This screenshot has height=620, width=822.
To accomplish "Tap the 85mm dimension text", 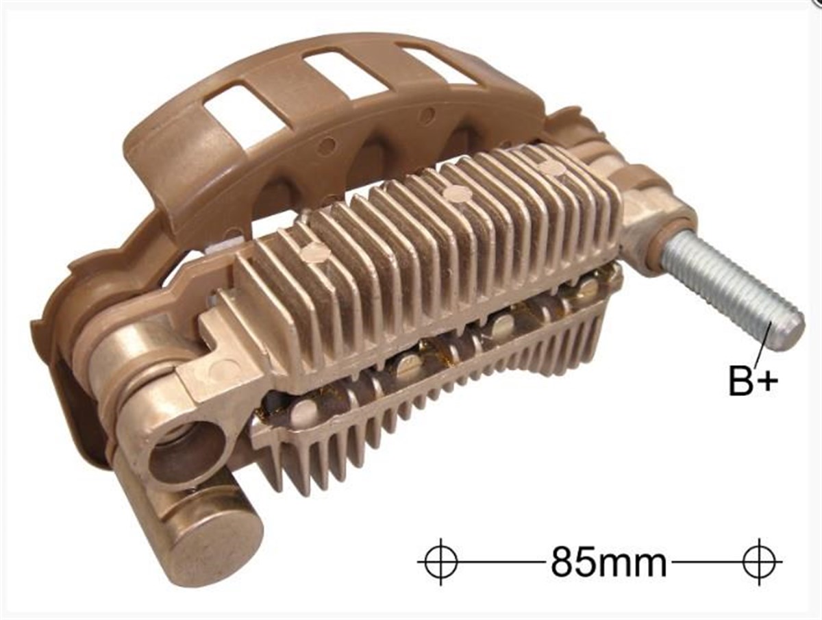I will pyautogui.click(x=608, y=562).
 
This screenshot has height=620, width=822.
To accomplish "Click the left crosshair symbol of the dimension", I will pyautogui.click(x=440, y=562).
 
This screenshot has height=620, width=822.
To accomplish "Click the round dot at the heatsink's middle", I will pyautogui.click(x=457, y=194).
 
